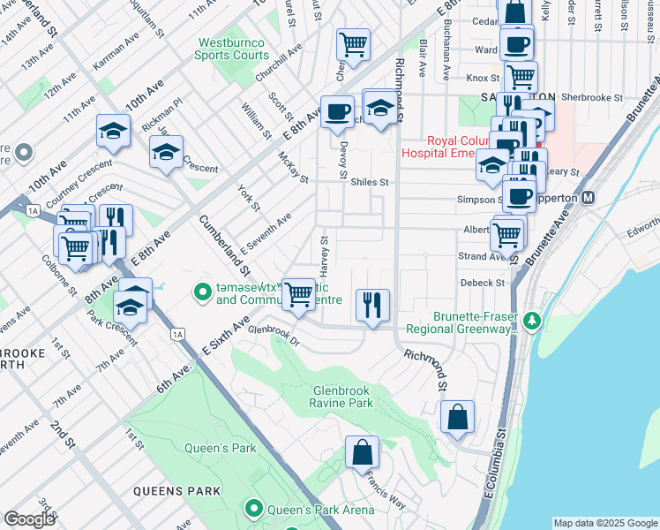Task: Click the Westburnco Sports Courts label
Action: [232, 48]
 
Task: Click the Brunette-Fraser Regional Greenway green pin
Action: [531, 321]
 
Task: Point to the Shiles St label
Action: [370, 182]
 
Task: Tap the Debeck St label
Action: [482, 283]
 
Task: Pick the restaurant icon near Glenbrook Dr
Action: [372, 305]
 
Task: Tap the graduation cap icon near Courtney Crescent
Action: [114, 131]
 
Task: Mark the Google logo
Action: [29, 519]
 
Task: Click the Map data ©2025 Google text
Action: [605, 523]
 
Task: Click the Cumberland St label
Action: [226, 245]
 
